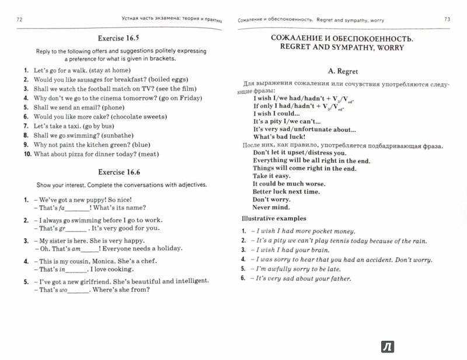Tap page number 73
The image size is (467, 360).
tap(447, 20)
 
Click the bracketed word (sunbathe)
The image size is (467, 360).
tap(134, 135)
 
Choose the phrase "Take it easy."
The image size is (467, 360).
tap(271, 176)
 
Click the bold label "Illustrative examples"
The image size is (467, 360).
tap(274, 219)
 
